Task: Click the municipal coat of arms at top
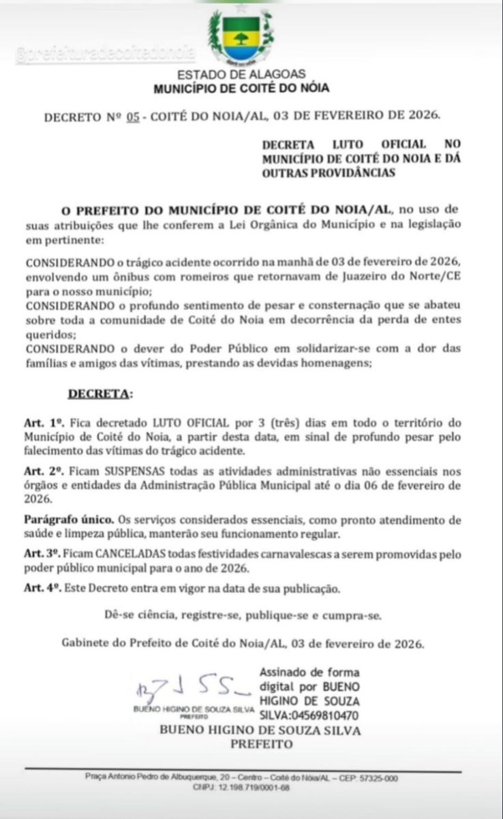239,36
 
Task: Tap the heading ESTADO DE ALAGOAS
242,75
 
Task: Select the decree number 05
133,117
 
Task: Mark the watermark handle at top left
105,53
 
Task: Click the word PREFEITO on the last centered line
260,744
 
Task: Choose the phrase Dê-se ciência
141,616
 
